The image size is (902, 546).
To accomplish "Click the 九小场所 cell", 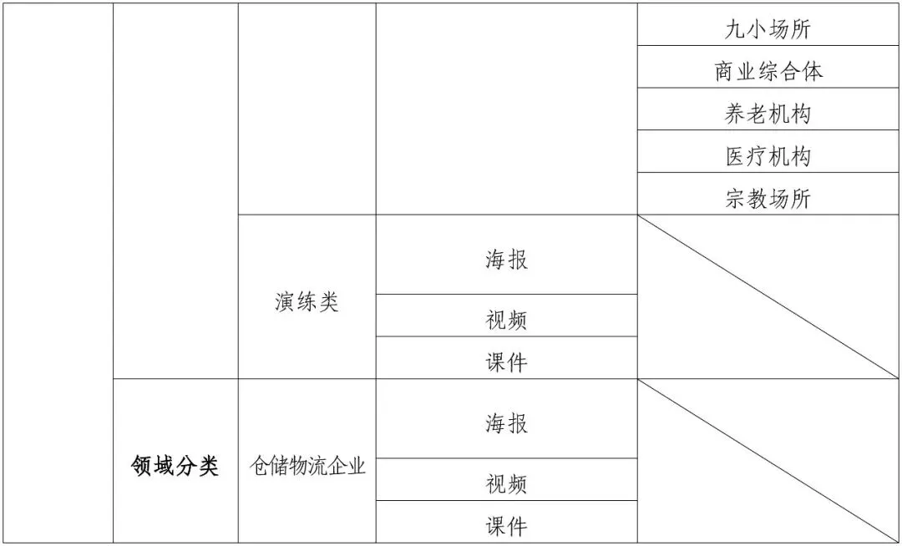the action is pyautogui.click(x=768, y=30).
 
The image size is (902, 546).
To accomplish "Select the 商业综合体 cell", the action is pyautogui.click(x=768, y=72).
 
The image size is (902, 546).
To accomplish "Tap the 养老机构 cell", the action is pyautogui.click(x=768, y=114).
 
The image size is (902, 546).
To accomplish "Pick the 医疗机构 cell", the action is pyautogui.click(x=768, y=156).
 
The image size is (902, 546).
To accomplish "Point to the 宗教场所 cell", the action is pyautogui.click(x=768, y=199).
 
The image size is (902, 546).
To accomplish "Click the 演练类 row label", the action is pyautogui.click(x=307, y=302).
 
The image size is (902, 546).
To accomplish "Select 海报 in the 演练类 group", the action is pyautogui.click(x=506, y=260).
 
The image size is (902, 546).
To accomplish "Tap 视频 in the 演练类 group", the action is pyautogui.click(x=506, y=320).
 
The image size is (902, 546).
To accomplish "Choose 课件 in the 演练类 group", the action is pyautogui.click(x=506, y=362).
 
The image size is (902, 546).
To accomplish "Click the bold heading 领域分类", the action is pyautogui.click(x=175, y=466).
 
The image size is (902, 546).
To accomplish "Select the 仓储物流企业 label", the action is pyautogui.click(x=307, y=466).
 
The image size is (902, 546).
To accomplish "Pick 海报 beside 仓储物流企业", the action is pyautogui.click(x=506, y=423).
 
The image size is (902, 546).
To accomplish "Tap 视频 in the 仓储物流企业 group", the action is pyautogui.click(x=506, y=483).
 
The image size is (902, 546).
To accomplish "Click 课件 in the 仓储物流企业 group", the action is pyautogui.click(x=506, y=526).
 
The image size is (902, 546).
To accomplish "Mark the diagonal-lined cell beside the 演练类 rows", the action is pyautogui.click(x=768, y=296).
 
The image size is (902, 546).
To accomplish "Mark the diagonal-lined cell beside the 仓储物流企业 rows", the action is pyautogui.click(x=768, y=461).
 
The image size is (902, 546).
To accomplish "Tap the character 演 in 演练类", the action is pyautogui.click(x=285, y=302).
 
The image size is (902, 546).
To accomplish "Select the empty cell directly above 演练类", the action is pyautogui.click(x=307, y=109).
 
